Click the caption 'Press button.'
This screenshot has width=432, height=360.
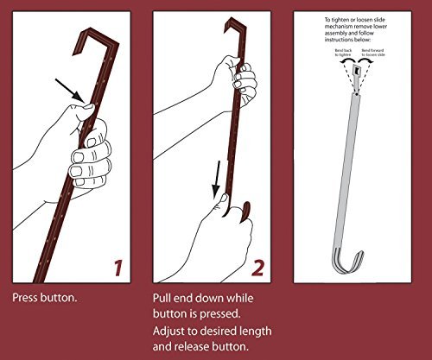pos(43,298)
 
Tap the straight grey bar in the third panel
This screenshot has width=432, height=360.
pos(354,155)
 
